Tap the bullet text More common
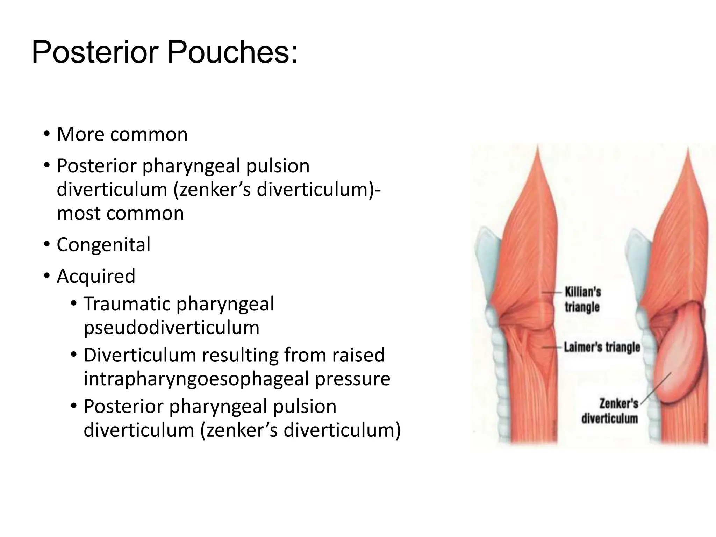coord(122,134)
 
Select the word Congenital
coord(103,244)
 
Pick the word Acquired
coord(96,276)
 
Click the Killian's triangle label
coord(582,300)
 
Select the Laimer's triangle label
coord(602,347)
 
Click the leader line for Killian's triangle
coord(552,292)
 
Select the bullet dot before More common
coord(46,135)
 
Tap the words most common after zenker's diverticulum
coord(120,213)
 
